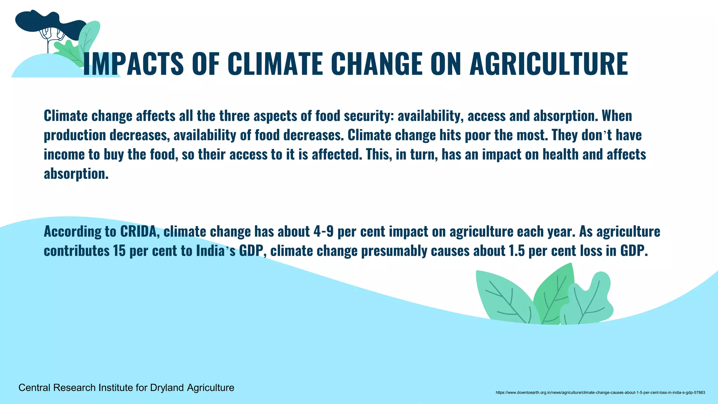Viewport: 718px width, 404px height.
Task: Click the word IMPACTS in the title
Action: (x=133, y=64)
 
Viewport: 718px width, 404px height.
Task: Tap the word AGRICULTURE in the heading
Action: (x=549, y=64)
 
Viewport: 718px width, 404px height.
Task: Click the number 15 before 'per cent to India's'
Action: (x=119, y=251)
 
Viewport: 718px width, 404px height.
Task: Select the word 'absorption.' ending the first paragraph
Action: (x=76, y=174)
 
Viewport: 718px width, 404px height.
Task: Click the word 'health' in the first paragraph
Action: (x=561, y=155)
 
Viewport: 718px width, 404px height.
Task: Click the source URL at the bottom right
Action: (x=600, y=392)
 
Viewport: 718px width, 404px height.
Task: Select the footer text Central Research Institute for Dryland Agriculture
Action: (x=126, y=388)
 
